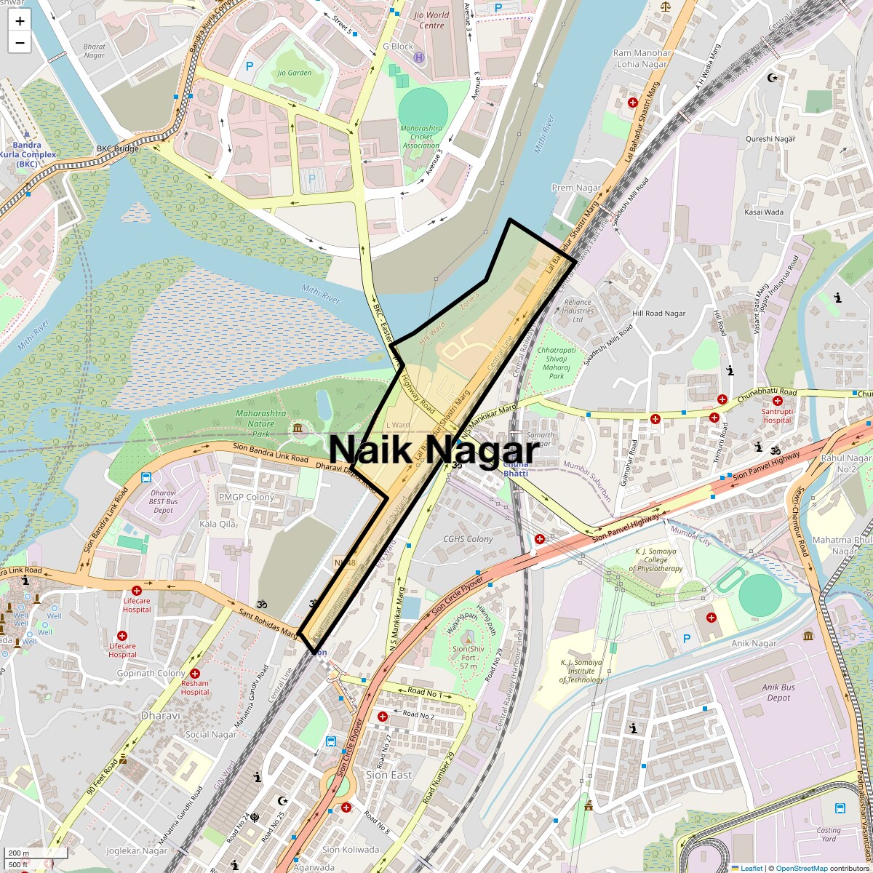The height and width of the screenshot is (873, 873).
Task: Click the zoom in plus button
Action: (x=20, y=21)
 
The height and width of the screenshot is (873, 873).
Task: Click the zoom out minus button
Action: (x=20, y=43)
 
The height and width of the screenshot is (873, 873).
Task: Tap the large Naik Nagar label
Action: (x=434, y=450)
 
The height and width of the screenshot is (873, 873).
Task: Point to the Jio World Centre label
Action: (x=431, y=20)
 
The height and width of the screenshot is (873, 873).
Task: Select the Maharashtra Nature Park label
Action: (x=261, y=423)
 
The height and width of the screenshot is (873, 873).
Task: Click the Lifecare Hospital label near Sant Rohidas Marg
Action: (x=137, y=605)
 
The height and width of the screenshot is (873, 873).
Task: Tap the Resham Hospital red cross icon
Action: (x=195, y=674)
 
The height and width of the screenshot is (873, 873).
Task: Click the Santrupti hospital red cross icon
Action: (x=777, y=401)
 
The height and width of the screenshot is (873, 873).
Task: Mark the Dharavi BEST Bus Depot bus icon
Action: (x=146, y=478)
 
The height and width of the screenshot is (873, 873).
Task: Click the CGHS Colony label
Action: (x=468, y=539)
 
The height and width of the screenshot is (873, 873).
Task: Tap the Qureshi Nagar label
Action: (x=770, y=139)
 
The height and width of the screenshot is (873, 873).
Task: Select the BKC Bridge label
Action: (x=117, y=148)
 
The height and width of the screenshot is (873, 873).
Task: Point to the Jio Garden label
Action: (x=294, y=73)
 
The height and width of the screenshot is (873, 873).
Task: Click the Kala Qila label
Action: (x=218, y=524)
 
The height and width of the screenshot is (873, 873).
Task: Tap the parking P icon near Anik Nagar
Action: (x=686, y=639)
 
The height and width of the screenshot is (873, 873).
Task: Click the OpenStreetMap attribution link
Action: (x=801, y=868)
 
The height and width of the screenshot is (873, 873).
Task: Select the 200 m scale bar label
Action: (x=20, y=853)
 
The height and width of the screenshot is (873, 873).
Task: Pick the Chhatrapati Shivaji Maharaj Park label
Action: (x=557, y=363)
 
